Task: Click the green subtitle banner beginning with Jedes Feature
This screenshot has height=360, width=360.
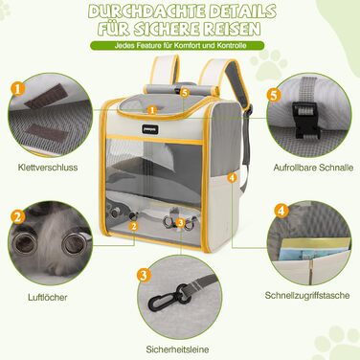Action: (180, 45)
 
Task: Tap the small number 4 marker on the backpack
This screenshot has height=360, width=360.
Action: (233, 178)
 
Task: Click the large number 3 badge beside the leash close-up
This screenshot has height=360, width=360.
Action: (143, 275)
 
